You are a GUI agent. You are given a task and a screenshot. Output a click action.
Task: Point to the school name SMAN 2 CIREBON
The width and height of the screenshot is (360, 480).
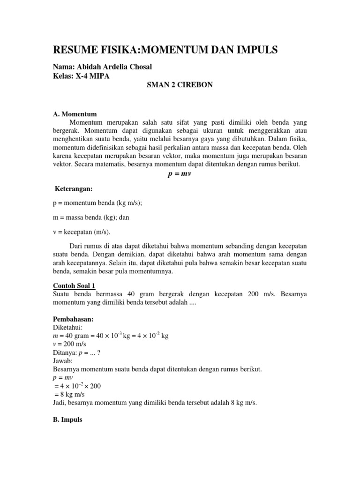[180, 86]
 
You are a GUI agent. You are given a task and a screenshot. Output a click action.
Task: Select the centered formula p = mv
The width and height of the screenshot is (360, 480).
[180, 174]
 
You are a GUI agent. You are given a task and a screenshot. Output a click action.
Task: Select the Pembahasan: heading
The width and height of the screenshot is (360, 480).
[73, 319]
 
